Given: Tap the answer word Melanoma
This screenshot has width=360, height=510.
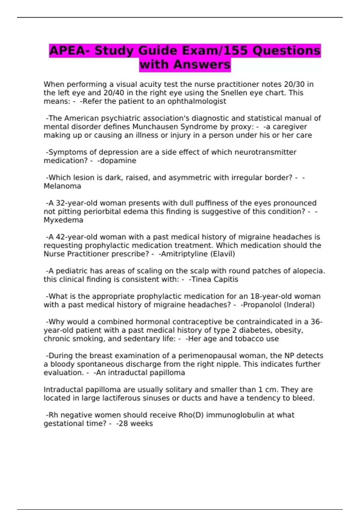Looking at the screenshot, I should point(62,186).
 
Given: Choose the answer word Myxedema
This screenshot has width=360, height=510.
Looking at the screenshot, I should point(63,220).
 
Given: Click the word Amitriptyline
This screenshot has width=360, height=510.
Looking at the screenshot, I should point(183,254).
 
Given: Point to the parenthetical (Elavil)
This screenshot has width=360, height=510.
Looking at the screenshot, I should point(223,254).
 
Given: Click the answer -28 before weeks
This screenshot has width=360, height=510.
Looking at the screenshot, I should point(121,424).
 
